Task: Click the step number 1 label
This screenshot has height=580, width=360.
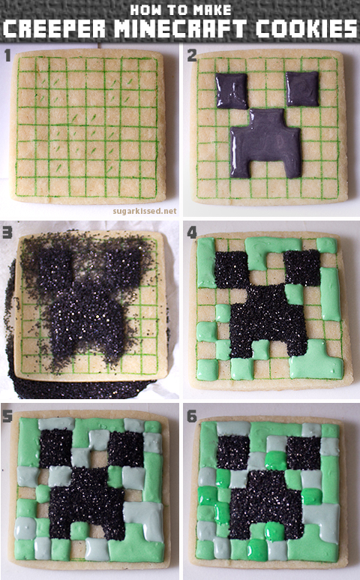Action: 7,55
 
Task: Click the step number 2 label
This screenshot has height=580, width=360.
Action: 192,55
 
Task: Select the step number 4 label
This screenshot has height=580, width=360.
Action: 192,233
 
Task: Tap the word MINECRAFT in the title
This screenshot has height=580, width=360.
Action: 180,30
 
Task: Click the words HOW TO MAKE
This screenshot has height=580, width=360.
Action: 180,10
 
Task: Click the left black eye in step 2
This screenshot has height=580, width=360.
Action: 232,92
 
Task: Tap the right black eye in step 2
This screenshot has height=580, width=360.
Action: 302,89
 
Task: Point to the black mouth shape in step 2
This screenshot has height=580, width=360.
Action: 265,143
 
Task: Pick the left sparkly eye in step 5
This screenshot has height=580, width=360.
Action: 56,449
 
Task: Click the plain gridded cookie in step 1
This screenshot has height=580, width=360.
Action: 88,126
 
